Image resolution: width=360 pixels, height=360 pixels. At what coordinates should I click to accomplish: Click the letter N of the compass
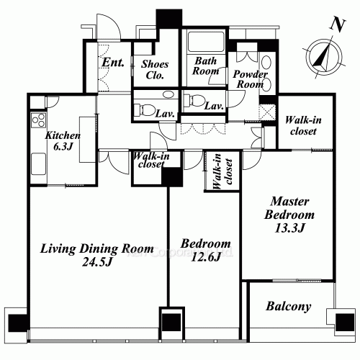[x=338, y=24]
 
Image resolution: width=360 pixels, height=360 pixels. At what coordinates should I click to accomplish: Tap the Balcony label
[x=289, y=307]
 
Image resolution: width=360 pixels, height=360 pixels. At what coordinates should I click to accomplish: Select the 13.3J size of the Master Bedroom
[x=289, y=228]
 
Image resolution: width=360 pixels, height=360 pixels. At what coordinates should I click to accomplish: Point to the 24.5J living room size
[x=97, y=262]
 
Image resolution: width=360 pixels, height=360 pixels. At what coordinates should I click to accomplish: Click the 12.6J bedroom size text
[x=206, y=257]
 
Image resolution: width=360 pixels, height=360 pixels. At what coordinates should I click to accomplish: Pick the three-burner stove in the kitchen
[x=38, y=120]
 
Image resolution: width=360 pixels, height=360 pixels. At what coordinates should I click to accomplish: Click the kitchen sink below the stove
[x=38, y=164]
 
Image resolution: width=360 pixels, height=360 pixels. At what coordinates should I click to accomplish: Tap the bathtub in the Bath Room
[x=207, y=41]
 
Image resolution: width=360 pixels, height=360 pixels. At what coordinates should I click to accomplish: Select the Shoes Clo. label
[x=155, y=70]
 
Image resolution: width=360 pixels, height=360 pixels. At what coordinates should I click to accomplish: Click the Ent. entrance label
[x=113, y=63]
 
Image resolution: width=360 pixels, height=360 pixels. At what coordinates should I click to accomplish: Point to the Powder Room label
[x=250, y=79]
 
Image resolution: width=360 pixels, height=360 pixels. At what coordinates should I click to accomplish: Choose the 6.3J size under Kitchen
[x=63, y=146]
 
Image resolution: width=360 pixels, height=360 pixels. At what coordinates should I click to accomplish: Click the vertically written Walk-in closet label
[x=222, y=171]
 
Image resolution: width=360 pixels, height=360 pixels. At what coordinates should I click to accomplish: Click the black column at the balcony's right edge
[x=345, y=323]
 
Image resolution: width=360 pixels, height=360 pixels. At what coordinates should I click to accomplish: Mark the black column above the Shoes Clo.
[x=169, y=18]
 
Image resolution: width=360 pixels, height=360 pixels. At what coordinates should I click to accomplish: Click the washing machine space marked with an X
[x=267, y=112]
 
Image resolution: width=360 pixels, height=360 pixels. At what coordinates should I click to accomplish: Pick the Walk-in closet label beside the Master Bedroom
[x=303, y=125]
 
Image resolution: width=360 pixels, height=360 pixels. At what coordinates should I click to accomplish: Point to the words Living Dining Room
[x=97, y=248]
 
